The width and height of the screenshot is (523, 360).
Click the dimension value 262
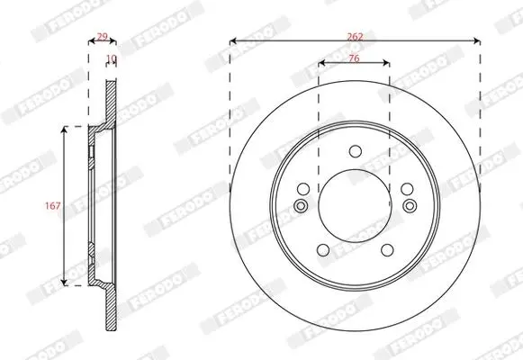pyautogui.click(x=355, y=36)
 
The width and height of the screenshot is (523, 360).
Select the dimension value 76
pyautogui.click(x=354, y=58)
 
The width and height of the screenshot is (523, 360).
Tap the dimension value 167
pyautogui.click(x=53, y=206)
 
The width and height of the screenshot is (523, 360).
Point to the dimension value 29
pyautogui.click(x=102, y=36)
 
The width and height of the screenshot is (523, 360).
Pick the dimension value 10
pyautogui.click(x=112, y=58)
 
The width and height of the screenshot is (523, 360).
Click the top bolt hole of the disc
pyautogui.click(x=356, y=151)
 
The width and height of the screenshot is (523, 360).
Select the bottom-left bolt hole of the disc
pyautogui.click(x=323, y=250)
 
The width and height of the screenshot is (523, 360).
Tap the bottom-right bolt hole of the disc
pyautogui.click(x=387, y=250)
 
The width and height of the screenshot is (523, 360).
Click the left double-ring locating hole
pyautogui.click(x=301, y=206)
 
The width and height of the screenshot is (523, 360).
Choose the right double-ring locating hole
pyautogui.click(x=410, y=206)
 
